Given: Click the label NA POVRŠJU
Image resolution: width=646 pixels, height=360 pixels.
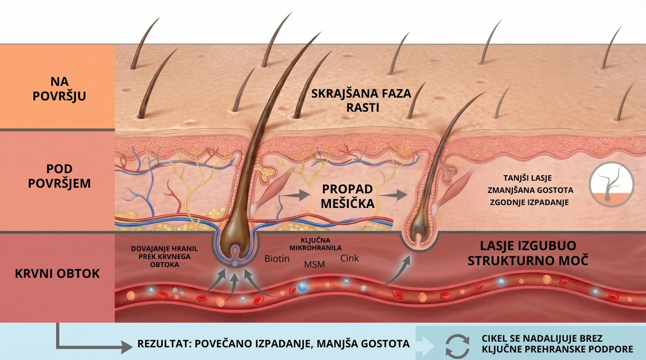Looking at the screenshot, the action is coord(60,88).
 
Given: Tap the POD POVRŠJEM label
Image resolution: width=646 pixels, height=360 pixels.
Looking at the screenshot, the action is coord(60,176).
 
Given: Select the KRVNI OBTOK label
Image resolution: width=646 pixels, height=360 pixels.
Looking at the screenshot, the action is coord(58,274).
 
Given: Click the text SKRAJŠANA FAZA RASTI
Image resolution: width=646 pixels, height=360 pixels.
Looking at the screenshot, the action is coord(361,100).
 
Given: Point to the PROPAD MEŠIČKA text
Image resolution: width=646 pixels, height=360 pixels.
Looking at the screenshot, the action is coord(348,196).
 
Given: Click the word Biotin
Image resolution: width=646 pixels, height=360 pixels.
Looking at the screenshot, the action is coord(277,259).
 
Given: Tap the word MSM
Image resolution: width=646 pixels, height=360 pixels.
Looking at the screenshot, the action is coord(314,264).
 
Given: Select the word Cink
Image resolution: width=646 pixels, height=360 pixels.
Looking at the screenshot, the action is coord(350,258).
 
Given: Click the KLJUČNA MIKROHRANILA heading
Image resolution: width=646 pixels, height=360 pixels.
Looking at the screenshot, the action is coord(315,244).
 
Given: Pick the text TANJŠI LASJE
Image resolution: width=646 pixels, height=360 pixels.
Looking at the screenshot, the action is coord(527,178).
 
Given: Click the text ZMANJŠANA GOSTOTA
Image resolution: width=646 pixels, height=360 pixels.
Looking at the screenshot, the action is coord(530,190).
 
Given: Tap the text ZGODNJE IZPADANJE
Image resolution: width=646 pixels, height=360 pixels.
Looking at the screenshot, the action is coord(529,202).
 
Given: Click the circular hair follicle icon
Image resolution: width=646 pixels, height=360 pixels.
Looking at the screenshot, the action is coord(611,184).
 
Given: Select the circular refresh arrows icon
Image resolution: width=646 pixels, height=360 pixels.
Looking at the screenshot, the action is coord(457,346).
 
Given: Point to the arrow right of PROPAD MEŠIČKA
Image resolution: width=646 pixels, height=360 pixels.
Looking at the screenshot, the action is coord(393,195).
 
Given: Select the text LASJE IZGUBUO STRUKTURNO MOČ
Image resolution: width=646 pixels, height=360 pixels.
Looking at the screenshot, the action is coord(528,253).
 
